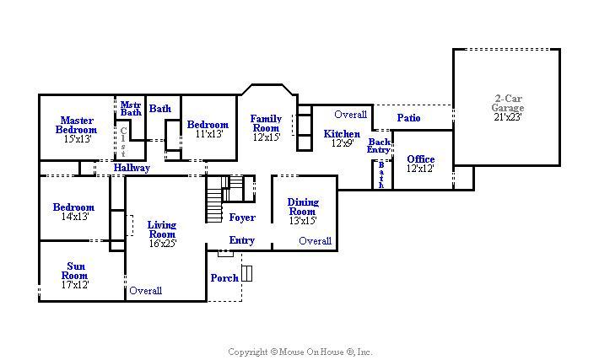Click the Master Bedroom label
pos(77,126)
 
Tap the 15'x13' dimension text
pos(78,139)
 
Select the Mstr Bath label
pos(131,109)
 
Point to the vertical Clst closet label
pos(123,142)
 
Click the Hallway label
pos(132,168)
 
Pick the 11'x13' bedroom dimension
pos(209,134)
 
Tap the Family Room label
pos(267,123)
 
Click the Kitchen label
pos(342,134)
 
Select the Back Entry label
pos(379,146)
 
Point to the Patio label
pos(409,118)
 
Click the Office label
pos(421,159)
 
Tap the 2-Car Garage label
pos(508,103)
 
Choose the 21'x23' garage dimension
pos(508,117)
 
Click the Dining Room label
pos(303,207)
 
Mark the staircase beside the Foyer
pos(214,199)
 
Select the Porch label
pos(224,278)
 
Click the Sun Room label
pos(75,271)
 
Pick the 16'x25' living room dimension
pos(163,244)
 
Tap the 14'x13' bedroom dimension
pos(75,217)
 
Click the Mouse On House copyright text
pos(299,352)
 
